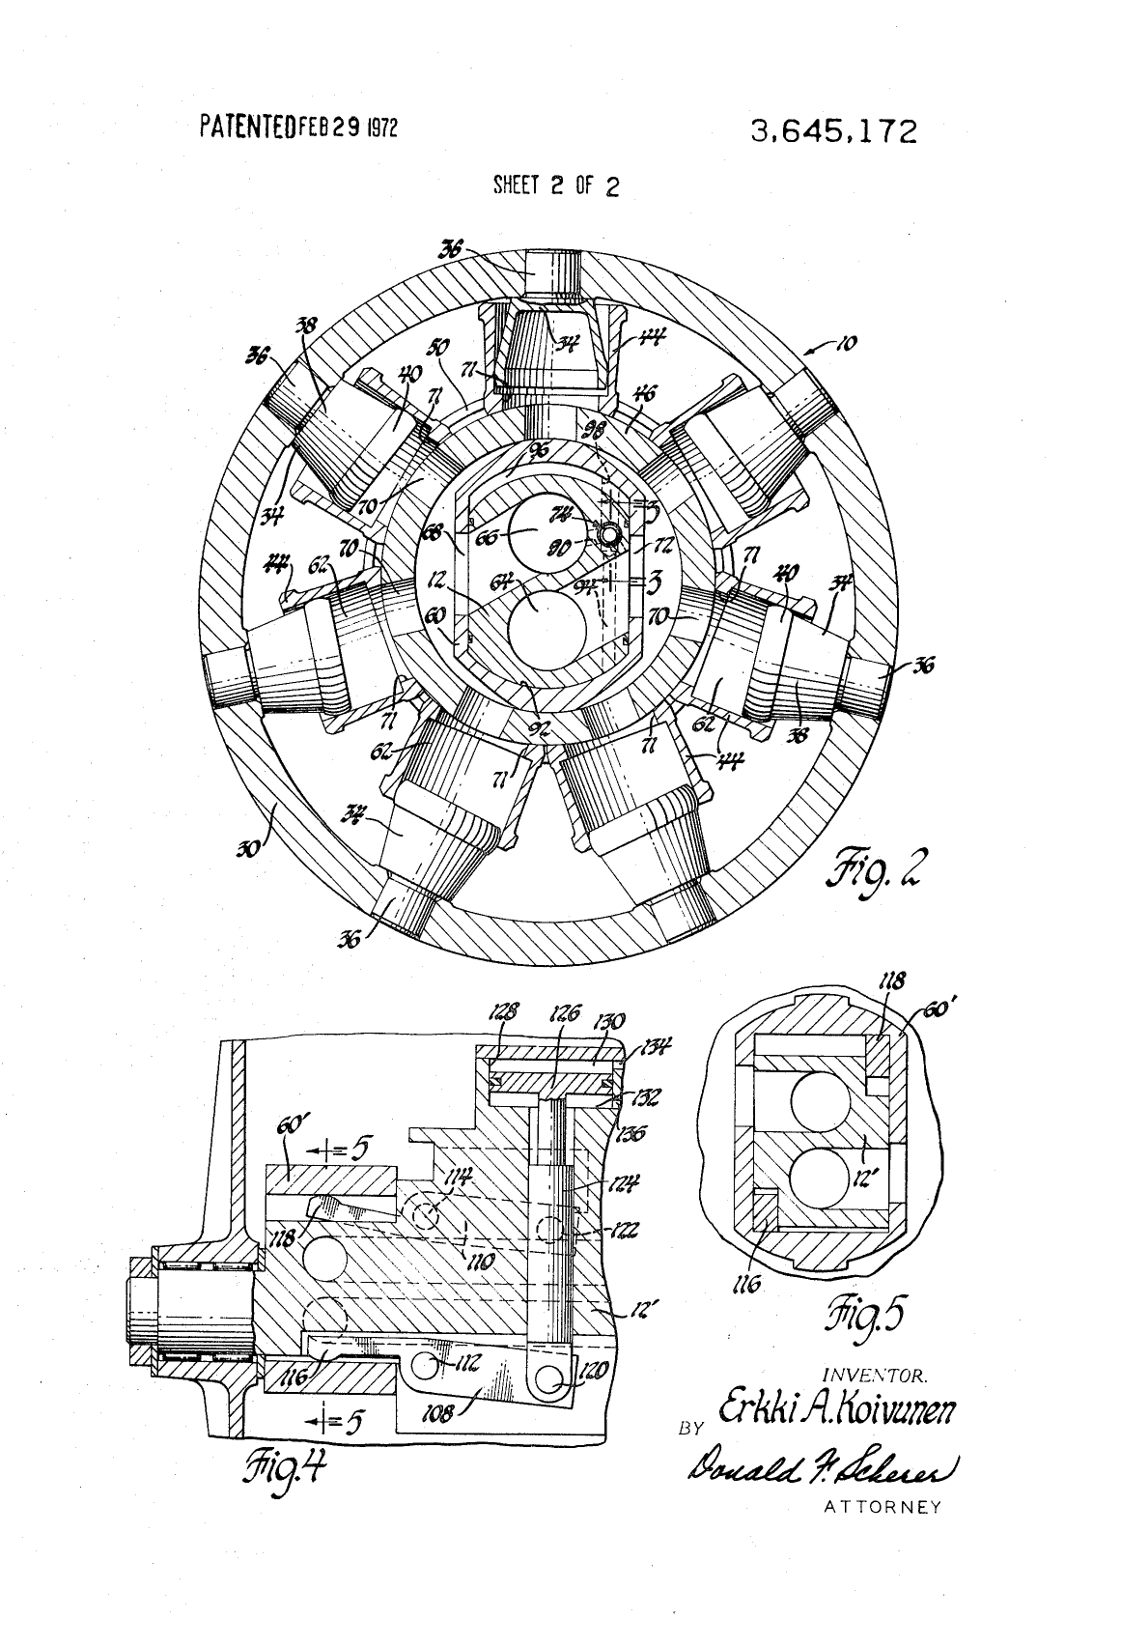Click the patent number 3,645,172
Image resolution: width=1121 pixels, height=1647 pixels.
[833, 131]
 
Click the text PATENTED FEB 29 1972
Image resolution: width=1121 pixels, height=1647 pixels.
[298, 128]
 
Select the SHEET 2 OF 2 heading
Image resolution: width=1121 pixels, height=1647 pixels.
[555, 186]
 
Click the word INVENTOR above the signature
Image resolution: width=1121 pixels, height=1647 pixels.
[876, 1374]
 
